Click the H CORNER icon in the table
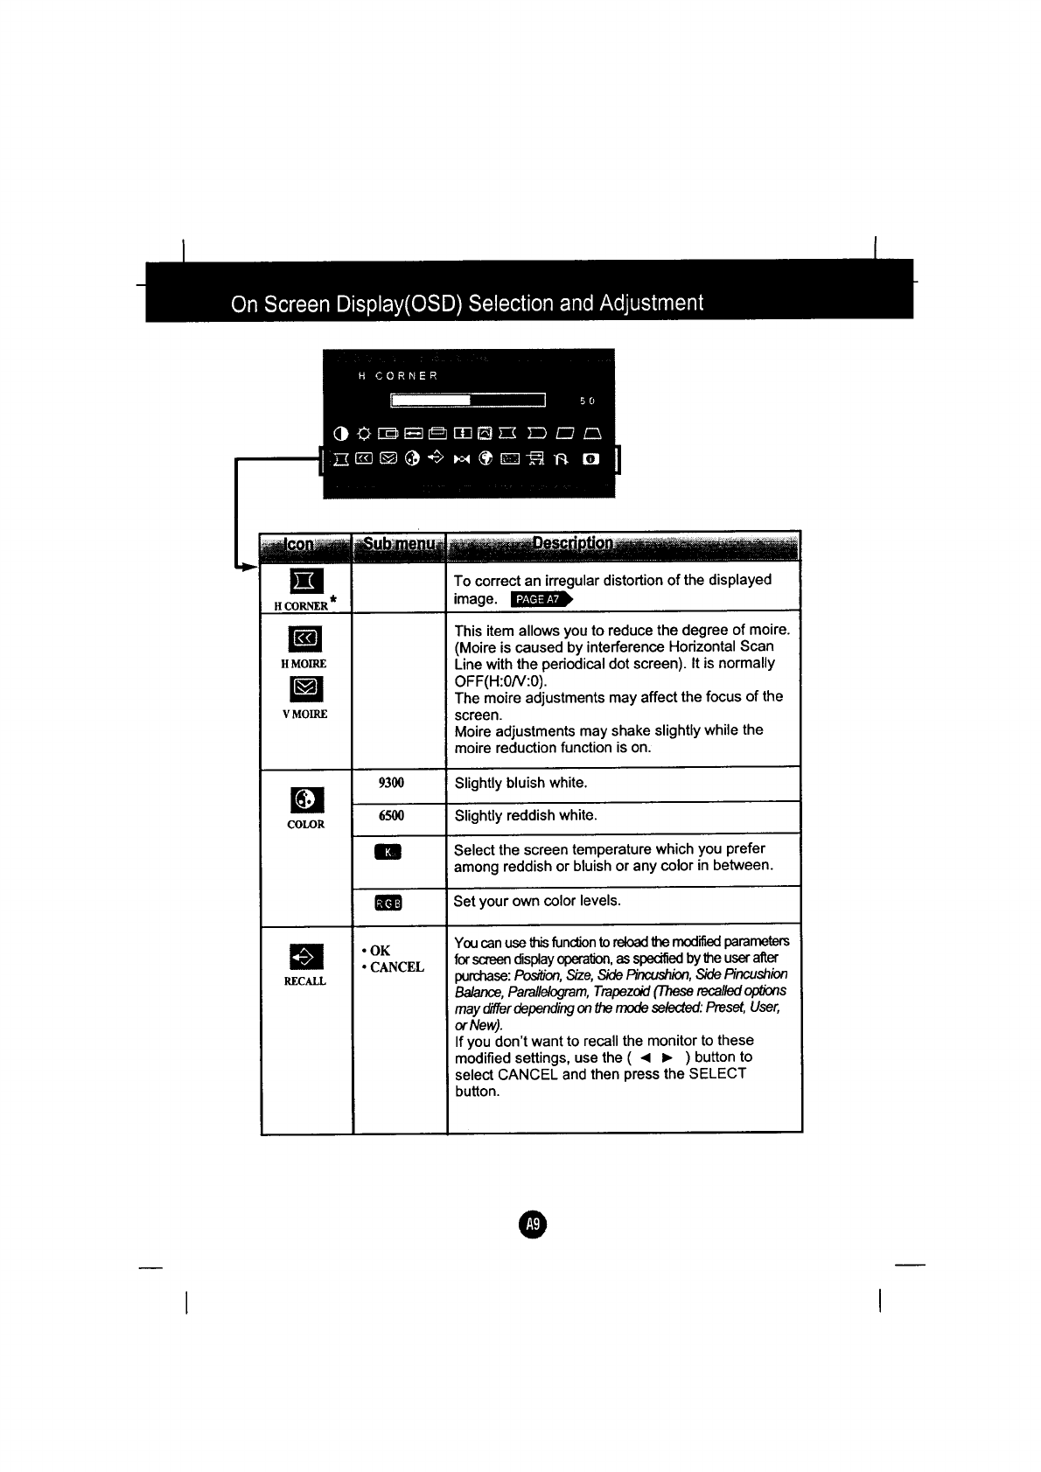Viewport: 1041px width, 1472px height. (306, 580)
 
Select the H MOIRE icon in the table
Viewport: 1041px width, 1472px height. (304, 638)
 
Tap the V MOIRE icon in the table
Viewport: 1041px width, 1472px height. (304, 690)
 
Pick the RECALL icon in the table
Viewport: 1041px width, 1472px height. (305, 957)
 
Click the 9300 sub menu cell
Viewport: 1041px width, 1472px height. (391, 783)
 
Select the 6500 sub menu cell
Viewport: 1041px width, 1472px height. (391, 816)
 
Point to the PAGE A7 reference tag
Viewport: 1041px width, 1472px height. (541, 599)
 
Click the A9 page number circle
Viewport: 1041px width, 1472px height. (531, 1224)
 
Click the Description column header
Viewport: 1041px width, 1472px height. (572, 545)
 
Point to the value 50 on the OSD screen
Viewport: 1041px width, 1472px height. (586, 401)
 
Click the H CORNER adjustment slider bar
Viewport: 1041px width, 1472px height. (468, 401)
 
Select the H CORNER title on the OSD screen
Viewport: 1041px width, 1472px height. (398, 376)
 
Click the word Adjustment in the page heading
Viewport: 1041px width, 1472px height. (650, 303)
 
